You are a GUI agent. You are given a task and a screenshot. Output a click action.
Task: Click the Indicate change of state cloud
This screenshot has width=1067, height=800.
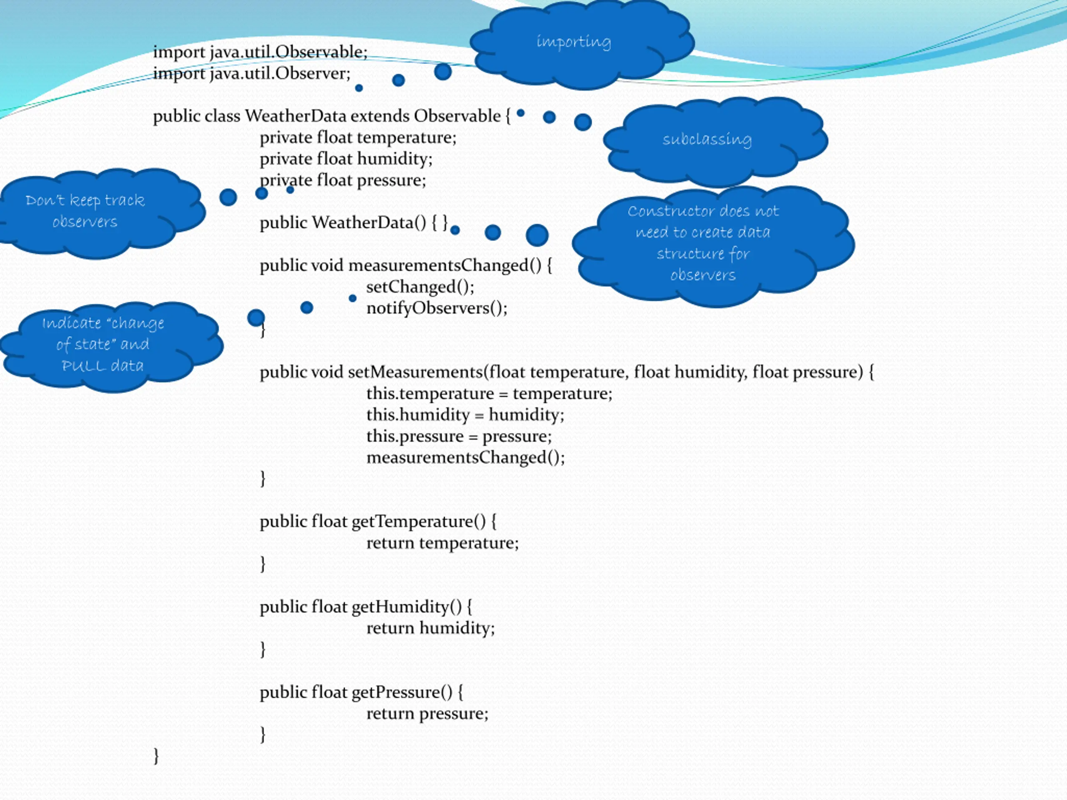110,347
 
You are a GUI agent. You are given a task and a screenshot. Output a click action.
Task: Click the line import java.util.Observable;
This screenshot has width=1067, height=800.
260,52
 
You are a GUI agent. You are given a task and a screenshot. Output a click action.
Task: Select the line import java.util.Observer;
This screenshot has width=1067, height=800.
252,74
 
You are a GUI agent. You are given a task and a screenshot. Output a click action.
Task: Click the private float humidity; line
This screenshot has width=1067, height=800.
346,159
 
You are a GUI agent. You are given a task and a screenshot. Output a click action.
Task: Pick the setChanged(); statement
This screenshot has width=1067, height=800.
421,287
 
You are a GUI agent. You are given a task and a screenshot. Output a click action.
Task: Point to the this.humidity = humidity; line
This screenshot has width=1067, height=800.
466,415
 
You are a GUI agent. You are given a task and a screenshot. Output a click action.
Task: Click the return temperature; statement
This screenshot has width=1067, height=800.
443,543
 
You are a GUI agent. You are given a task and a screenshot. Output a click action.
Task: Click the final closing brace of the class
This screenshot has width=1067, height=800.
156,756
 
